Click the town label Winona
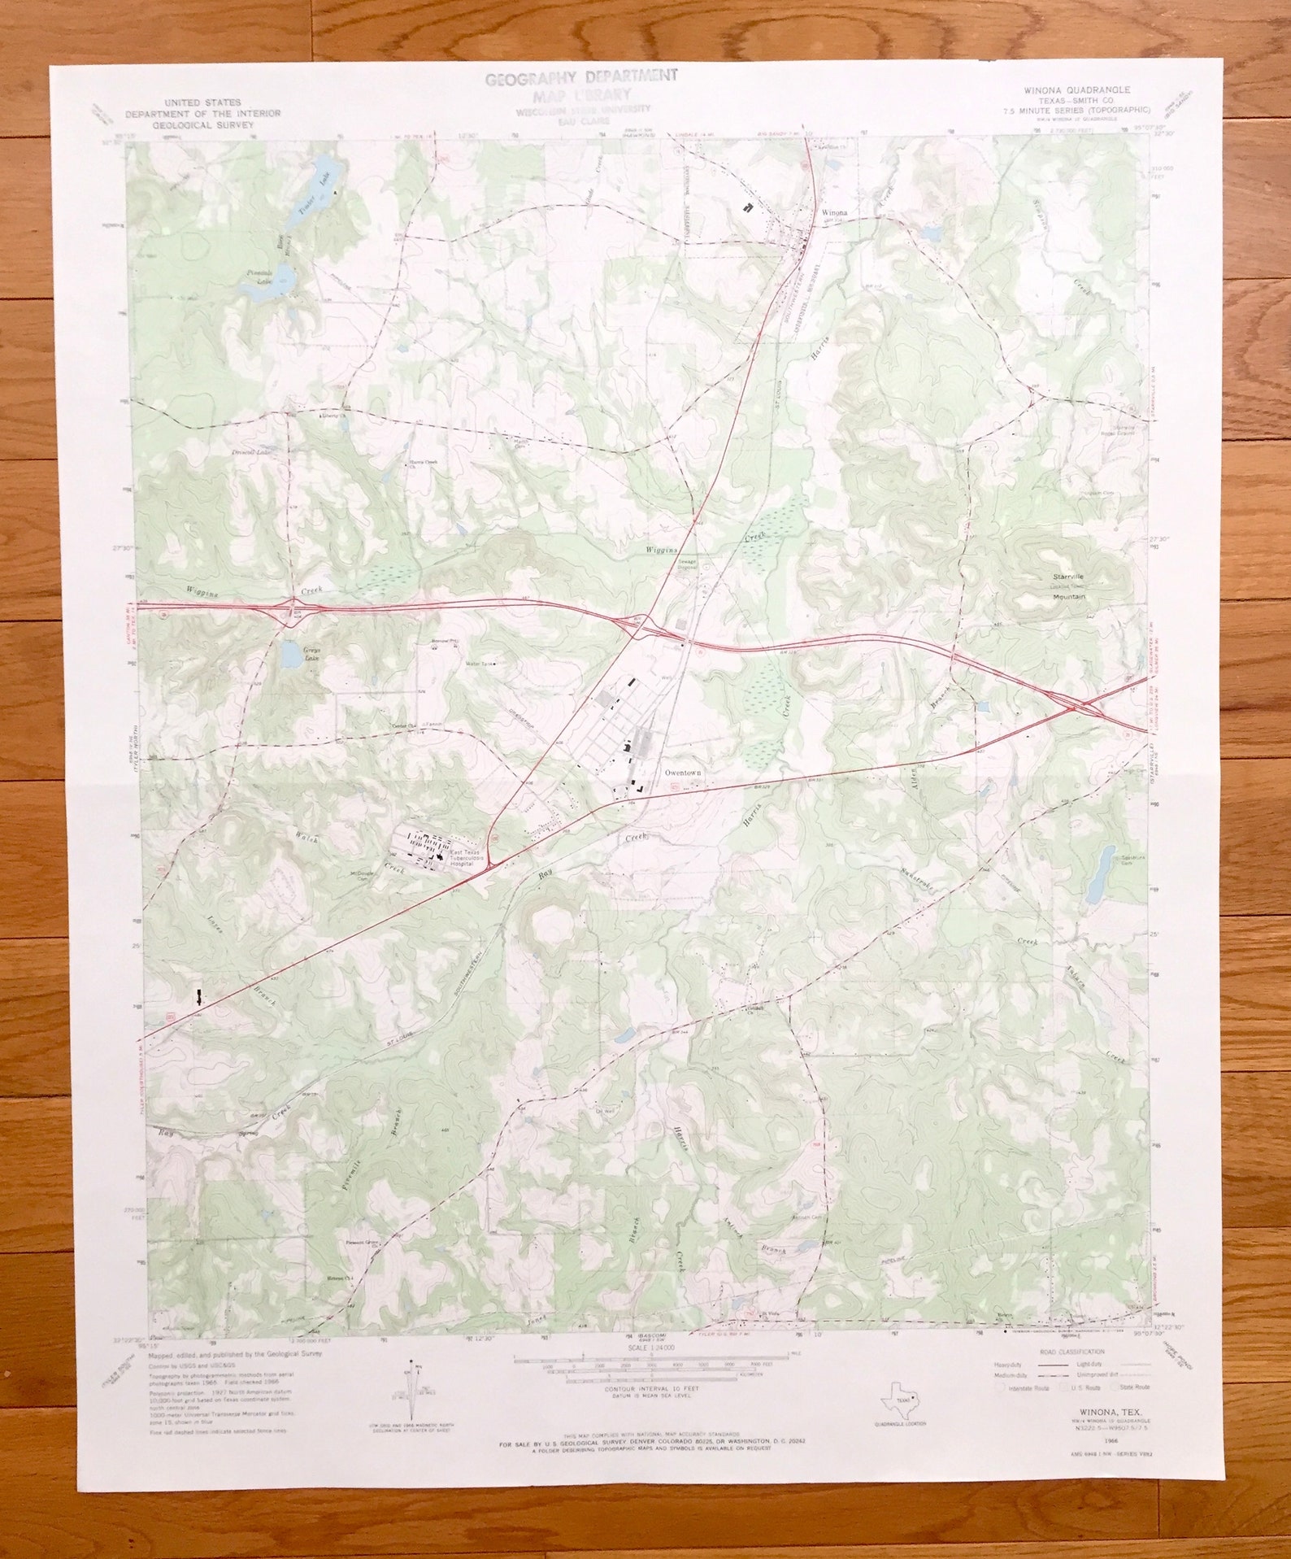point(834,213)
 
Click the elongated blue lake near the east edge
point(1100,868)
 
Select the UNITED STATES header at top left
point(202,102)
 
